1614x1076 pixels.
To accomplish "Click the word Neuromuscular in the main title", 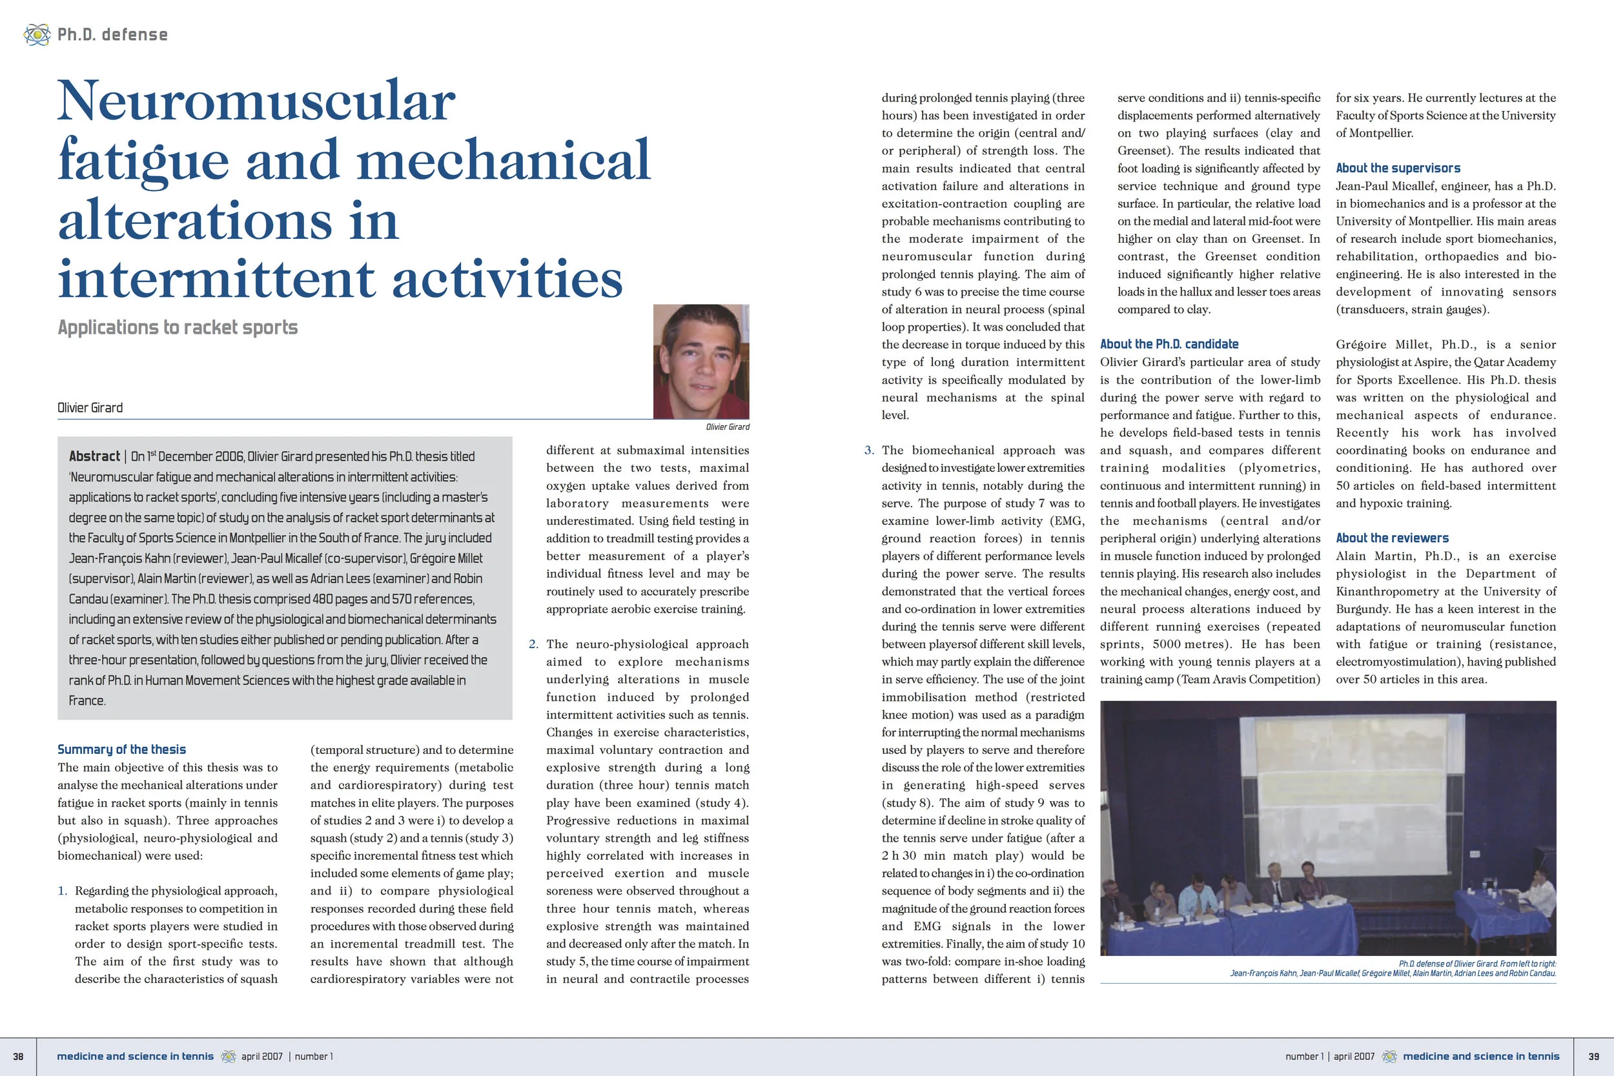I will point(256,101).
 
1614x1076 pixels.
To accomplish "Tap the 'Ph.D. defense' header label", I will point(112,34).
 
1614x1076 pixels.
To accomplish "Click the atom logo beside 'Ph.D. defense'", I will point(36,34).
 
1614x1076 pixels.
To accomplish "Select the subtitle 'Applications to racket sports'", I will point(178,327).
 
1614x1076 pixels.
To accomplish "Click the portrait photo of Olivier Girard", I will point(700,361).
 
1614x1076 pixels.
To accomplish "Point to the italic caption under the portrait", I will point(728,427).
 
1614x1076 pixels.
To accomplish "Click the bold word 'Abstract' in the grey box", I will point(94,456).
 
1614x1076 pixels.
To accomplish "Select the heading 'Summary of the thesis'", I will point(121,749).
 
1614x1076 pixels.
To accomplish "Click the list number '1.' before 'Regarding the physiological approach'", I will point(63,891).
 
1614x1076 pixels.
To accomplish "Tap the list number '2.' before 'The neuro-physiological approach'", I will point(533,644).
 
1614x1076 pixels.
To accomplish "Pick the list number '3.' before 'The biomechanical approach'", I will point(869,450).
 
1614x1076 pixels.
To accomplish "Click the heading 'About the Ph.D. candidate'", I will point(1169,345).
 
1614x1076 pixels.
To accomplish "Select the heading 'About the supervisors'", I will point(1398,168).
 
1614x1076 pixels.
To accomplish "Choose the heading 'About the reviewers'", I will point(1392,538).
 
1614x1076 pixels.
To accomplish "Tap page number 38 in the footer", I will point(19,1057).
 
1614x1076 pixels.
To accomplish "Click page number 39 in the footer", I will point(1593,1057).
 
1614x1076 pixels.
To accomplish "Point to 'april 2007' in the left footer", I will point(261,1057).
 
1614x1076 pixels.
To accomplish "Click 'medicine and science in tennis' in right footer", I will point(1481,1057).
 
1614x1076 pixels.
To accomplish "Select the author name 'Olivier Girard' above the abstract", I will point(90,408).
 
